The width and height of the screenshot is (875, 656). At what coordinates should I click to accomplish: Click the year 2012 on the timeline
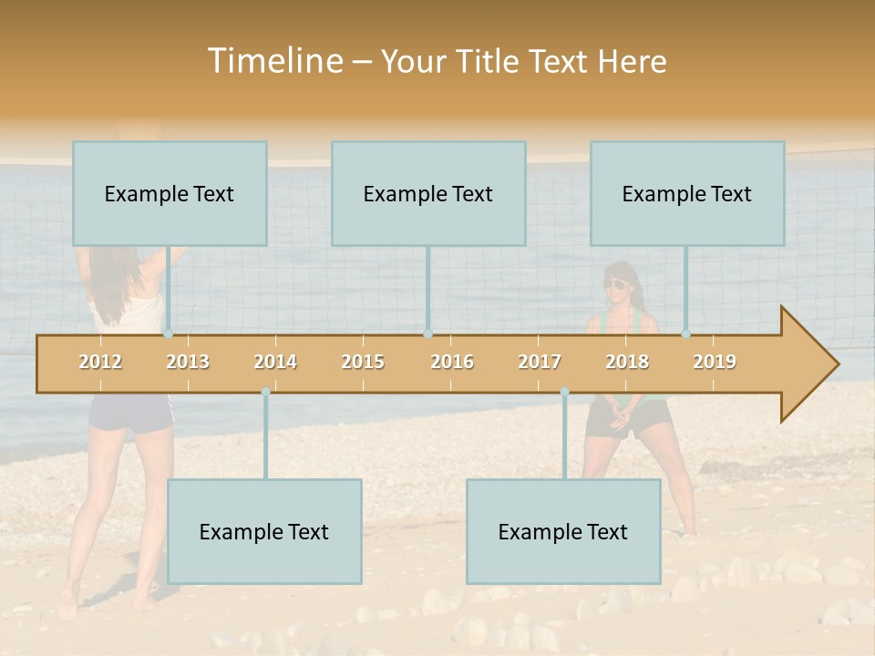(x=100, y=362)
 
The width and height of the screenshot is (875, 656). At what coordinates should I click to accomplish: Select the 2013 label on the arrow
(x=188, y=362)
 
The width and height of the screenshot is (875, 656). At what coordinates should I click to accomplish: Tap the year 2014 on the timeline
(x=275, y=362)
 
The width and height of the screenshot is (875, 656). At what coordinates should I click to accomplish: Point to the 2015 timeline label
(x=363, y=362)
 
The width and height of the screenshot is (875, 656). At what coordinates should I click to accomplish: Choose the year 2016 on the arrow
(x=452, y=362)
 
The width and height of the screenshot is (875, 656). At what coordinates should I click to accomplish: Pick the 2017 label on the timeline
(x=540, y=362)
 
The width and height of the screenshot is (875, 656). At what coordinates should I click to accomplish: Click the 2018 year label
(x=627, y=362)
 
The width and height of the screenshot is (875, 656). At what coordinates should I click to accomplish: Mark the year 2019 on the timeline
(x=715, y=362)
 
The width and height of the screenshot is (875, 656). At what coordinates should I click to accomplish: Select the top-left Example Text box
(x=170, y=193)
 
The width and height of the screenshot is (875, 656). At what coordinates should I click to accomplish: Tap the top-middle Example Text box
(x=428, y=193)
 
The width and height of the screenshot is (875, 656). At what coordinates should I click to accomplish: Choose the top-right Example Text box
(x=687, y=193)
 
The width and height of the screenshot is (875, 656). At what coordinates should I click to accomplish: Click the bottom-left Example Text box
(x=264, y=531)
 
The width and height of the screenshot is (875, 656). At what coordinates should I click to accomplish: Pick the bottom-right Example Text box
(x=563, y=531)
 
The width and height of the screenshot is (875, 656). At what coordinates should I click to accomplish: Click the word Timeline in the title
(x=274, y=61)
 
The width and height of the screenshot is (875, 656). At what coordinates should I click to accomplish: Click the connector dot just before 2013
(x=168, y=333)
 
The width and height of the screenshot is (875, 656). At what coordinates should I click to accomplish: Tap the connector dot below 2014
(x=265, y=391)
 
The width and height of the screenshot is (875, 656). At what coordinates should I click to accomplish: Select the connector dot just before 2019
(x=686, y=333)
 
